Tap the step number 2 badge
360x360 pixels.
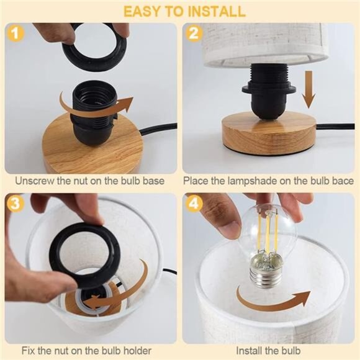pyautogui.click(x=194, y=34)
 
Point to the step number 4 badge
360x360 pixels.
pyautogui.click(x=194, y=204)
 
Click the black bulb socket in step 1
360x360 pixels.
pyautogui.click(x=92, y=115)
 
